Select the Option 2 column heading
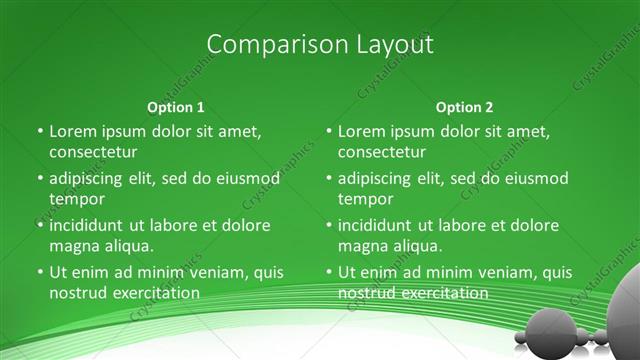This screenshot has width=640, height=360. coord(464,107)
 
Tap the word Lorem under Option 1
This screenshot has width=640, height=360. coord(72,131)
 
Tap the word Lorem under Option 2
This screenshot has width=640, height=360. coord(361,131)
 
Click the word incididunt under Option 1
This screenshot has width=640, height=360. coord(90,225)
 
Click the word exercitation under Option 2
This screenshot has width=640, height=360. coord(444,293)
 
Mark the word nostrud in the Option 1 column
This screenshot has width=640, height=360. coord(77,293)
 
